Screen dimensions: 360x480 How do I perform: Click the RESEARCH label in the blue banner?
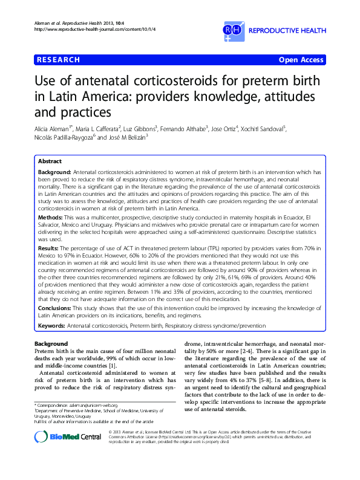coord(58,60)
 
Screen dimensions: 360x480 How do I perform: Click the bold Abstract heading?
coord(50,162)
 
